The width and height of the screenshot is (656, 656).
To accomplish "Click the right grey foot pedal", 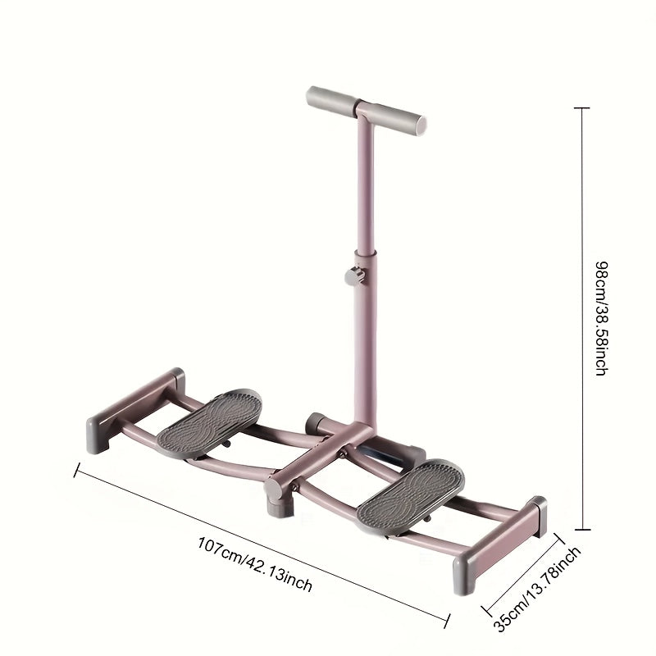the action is [411, 496].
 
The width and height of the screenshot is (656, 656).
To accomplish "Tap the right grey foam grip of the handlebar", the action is [398, 120].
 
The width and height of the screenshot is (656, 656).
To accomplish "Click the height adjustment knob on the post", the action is [355, 276].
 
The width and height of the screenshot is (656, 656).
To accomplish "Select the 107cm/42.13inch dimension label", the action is [255, 565].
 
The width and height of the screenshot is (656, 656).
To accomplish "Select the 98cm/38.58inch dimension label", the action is [601, 318].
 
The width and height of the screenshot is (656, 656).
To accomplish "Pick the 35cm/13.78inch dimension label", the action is [537, 588].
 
